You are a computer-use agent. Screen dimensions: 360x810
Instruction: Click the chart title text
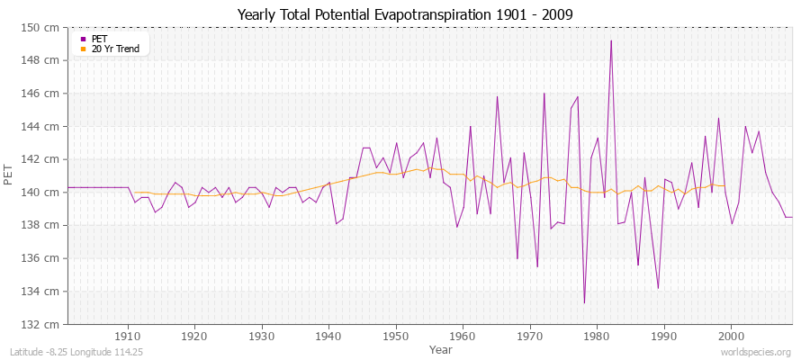(x=404, y=14)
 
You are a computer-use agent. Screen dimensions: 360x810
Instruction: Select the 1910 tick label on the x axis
(x=128, y=336)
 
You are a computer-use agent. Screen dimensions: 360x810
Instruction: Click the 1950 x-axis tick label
(x=396, y=336)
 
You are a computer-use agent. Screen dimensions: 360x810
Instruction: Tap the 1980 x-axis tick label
(x=597, y=336)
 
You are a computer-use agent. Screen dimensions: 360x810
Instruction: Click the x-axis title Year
(x=441, y=348)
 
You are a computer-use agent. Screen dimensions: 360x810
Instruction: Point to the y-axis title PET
(x=9, y=175)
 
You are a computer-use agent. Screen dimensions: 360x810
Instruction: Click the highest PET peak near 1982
(x=611, y=40)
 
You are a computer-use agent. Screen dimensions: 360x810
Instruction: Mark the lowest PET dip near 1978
(x=584, y=302)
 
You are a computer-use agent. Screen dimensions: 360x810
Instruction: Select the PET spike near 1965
(x=497, y=96)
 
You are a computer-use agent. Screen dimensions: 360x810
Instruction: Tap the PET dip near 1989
(x=658, y=288)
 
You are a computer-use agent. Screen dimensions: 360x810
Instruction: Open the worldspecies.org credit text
(x=755, y=352)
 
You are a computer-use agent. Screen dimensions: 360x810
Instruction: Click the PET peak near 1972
(x=544, y=94)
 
